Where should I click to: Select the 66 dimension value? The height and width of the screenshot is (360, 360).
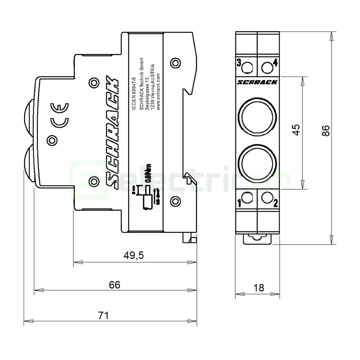point(114,285)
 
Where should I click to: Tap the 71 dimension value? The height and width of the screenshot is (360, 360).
point(104,315)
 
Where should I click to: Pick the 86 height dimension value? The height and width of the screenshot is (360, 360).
point(326,130)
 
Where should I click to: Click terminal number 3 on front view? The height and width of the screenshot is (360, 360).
point(239,63)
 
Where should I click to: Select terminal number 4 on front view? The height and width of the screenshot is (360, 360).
point(275,63)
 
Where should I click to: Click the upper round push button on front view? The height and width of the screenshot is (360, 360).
point(257,114)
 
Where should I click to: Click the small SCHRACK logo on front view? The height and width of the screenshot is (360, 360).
point(257,82)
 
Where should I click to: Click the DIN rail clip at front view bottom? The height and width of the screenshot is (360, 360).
point(257,239)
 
